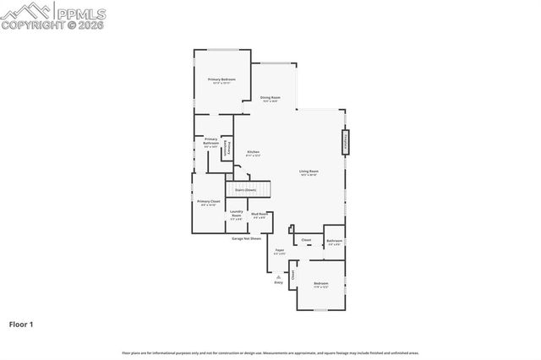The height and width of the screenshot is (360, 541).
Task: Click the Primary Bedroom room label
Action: coord(221,79)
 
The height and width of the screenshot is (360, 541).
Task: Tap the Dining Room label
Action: coord(270,98)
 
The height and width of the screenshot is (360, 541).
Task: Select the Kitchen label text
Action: coord(253,153)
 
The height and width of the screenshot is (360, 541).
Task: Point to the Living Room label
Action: coord(309,172)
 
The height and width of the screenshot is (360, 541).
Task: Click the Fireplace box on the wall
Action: coord(345,142)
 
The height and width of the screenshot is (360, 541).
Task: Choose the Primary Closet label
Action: coord(209,202)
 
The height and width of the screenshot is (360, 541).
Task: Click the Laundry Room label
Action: coord(237,213)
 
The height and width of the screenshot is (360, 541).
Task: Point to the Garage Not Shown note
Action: coord(247,238)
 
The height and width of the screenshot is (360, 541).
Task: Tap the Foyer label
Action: coord(280,251)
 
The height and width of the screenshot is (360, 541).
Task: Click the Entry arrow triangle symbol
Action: coord(278,276)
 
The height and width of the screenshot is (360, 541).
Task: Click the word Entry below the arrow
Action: coord(278,282)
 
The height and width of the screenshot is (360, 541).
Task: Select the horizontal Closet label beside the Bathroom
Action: coord(306,241)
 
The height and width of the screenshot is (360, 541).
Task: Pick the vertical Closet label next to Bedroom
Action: coord(293,275)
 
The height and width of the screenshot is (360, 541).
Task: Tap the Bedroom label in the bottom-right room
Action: coord(320,284)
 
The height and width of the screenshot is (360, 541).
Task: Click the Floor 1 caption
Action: coord(21,324)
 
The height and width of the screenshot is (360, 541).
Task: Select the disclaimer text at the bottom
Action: coord(270,353)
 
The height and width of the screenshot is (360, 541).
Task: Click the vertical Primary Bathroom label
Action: coord(227,148)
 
